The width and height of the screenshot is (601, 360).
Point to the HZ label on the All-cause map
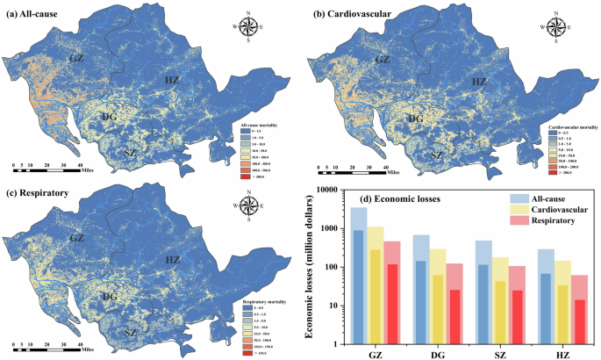173,83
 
